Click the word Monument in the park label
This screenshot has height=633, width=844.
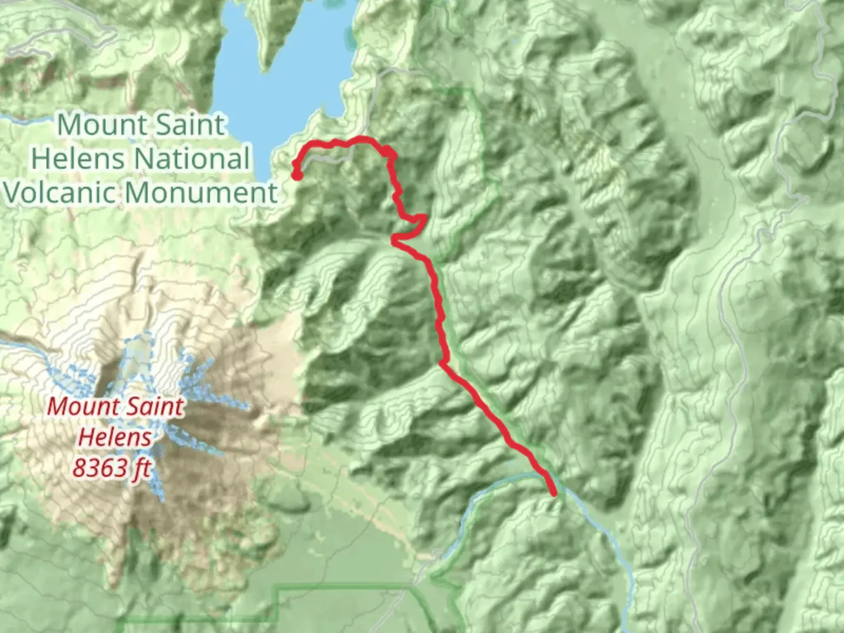(x=202, y=192)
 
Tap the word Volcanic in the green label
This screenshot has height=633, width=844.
(x=60, y=192)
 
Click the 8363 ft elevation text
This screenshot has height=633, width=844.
(x=111, y=468)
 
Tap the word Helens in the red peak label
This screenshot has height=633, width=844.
(x=115, y=437)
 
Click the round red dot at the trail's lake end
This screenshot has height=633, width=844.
(x=297, y=175)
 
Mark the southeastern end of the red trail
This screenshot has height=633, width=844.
(x=553, y=494)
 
